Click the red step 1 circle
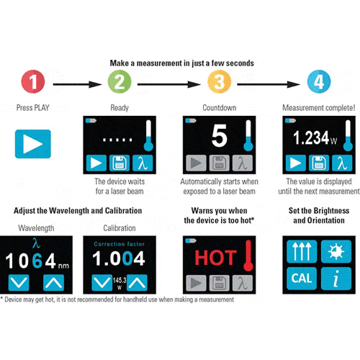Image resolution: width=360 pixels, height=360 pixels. [x=33, y=81]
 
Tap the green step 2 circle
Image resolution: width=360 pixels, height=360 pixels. [x=120, y=81]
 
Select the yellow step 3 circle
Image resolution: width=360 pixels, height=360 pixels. [x=219, y=81]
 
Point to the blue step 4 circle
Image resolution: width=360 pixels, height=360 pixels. [x=319, y=81]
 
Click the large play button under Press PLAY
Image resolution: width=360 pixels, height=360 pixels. [x=33, y=144]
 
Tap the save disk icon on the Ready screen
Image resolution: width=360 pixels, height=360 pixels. [x=120, y=163]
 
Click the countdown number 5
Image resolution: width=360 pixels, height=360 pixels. [x=219, y=135]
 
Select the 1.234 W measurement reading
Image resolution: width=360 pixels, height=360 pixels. [x=315, y=138]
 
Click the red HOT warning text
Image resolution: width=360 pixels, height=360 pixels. [x=215, y=258]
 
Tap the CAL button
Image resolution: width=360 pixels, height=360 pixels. [x=302, y=279]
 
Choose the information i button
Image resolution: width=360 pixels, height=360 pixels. [x=336, y=279]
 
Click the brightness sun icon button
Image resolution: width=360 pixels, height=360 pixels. [x=336, y=251]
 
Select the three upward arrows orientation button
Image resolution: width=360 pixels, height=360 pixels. [x=302, y=251]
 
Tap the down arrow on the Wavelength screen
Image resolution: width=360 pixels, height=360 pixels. [x=19, y=283]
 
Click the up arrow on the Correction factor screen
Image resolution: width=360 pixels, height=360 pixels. [x=137, y=283]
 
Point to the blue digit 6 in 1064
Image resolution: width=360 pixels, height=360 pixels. [x=37, y=261]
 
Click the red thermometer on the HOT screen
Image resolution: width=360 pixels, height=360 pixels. [x=248, y=256]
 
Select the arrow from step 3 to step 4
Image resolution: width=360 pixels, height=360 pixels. [x=269, y=84]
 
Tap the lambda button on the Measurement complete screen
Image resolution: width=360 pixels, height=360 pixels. [x=342, y=163]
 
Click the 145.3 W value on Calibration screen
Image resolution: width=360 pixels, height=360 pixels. [x=120, y=284]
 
